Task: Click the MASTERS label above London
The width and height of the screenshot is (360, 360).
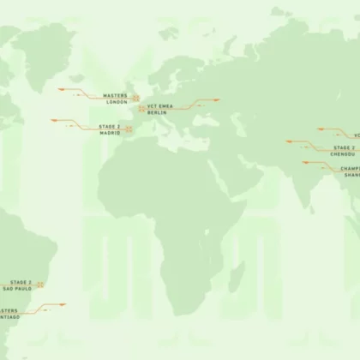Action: click(x=115, y=95)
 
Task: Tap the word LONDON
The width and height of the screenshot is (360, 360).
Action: click(x=117, y=102)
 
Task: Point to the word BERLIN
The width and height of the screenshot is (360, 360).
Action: click(x=156, y=113)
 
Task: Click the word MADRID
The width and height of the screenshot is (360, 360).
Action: click(x=110, y=133)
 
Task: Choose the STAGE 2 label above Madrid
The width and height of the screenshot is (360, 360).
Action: click(x=109, y=126)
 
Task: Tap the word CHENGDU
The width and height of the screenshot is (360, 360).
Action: click(x=344, y=154)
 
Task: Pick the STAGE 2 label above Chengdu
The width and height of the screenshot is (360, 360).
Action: click(x=345, y=147)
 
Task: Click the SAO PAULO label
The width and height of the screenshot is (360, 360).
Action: click(x=18, y=289)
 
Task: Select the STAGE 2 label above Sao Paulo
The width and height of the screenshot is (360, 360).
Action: click(x=21, y=282)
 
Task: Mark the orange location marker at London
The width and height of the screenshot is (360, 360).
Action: click(x=135, y=98)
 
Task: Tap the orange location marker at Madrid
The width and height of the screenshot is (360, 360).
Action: click(x=129, y=129)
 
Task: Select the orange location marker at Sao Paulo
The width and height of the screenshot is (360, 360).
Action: click(x=40, y=285)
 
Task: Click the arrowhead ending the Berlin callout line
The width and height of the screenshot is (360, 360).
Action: click(x=217, y=100)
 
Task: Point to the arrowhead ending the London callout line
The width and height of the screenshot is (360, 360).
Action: click(x=62, y=88)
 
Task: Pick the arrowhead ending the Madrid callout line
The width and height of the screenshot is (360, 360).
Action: click(x=54, y=121)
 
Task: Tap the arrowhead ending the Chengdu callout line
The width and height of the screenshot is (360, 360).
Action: click(x=289, y=141)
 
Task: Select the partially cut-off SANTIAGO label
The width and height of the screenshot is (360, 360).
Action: click(x=8, y=318)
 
